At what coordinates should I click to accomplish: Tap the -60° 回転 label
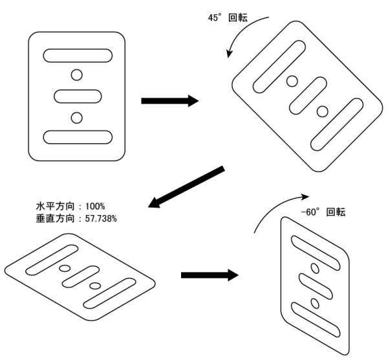pyautogui.click(x=323, y=212)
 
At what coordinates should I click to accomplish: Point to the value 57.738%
pyautogui.click(x=96, y=218)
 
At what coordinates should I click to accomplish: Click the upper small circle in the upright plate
pyautogui.click(x=77, y=76)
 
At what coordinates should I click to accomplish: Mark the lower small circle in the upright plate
pyautogui.click(x=77, y=117)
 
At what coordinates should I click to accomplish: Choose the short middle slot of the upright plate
pyautogui.click(x=77, y=96)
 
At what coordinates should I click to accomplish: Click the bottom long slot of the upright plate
pyautogui.click(x=77, y=137)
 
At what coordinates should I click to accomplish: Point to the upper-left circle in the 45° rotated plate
pyautogui.click(x=292, y=81)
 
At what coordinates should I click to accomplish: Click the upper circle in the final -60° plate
pyautogui.click(x=315, y=267)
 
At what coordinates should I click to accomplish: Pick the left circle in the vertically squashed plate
pyautogui.click(x=64, y=267)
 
